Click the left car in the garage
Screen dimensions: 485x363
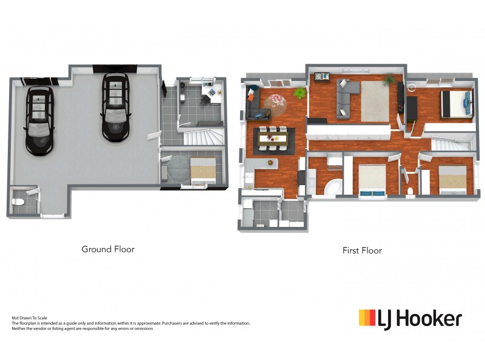click(x=38, y=120)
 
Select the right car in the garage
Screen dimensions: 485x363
click(x=115, y=106)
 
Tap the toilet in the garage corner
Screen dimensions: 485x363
click(x=19, y=200)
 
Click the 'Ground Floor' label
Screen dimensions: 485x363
click(x=108, y=249)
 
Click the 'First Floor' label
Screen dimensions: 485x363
click(x=362, y=250)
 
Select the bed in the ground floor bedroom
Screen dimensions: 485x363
click(x=202, y=170)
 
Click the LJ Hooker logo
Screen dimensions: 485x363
click(x=410, y=318)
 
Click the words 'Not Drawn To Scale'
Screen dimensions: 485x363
click(x=30, y=318)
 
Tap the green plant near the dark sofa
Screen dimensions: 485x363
click(x=299, y=92)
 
